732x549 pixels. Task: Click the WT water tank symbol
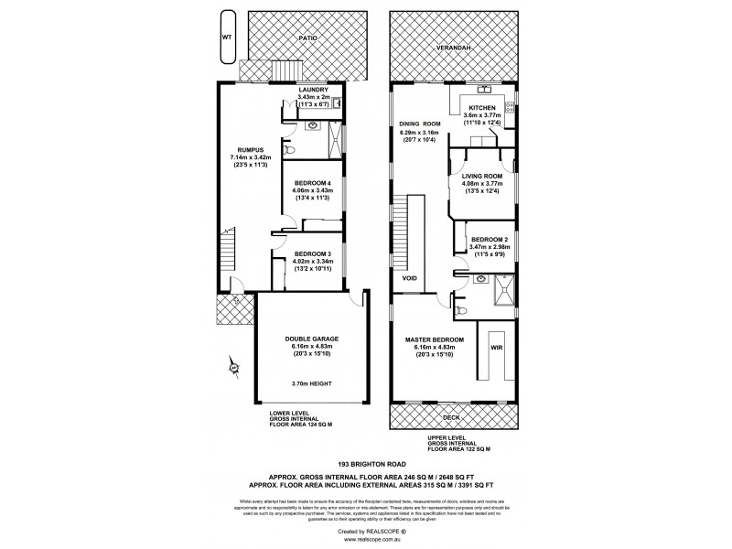point(226,38)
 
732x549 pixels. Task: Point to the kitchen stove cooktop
point(511,110)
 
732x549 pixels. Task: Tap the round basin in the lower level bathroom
point(313,125)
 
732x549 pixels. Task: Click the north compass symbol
point(233,368)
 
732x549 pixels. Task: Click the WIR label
point(497,349)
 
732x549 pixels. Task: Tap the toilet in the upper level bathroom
point(461,312)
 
